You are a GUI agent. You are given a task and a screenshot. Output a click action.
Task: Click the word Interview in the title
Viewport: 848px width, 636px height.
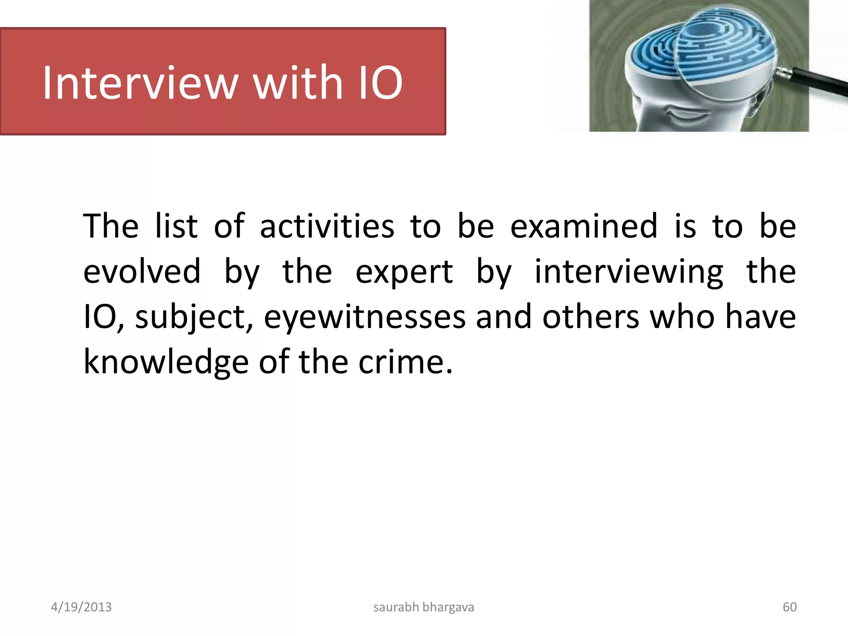coord(140,83)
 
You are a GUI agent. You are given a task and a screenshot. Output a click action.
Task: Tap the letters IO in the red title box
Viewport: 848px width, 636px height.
coord(380,83)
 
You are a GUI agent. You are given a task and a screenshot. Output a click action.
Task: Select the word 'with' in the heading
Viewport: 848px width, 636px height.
coord(298,83)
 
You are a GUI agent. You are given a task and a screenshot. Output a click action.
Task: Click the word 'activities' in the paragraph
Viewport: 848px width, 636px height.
coord(327,226)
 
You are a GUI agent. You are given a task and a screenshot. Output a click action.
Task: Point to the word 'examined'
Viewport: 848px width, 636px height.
coord(583,226)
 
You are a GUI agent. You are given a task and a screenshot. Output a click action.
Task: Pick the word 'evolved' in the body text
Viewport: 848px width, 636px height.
coord(142,272)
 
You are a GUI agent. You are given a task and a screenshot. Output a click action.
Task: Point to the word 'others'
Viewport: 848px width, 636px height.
coord(591,317)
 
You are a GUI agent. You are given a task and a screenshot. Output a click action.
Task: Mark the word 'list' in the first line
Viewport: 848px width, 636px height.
coord(176,226)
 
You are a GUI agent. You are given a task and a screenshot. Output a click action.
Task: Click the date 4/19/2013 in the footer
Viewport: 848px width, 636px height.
coord(81,607)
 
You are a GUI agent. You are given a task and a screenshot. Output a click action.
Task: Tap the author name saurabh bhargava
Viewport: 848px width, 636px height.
coord(424,607)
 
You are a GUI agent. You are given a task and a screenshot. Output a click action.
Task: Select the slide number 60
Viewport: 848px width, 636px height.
coord(790,607)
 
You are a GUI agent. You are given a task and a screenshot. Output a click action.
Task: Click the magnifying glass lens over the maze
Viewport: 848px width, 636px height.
coord(725,50)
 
